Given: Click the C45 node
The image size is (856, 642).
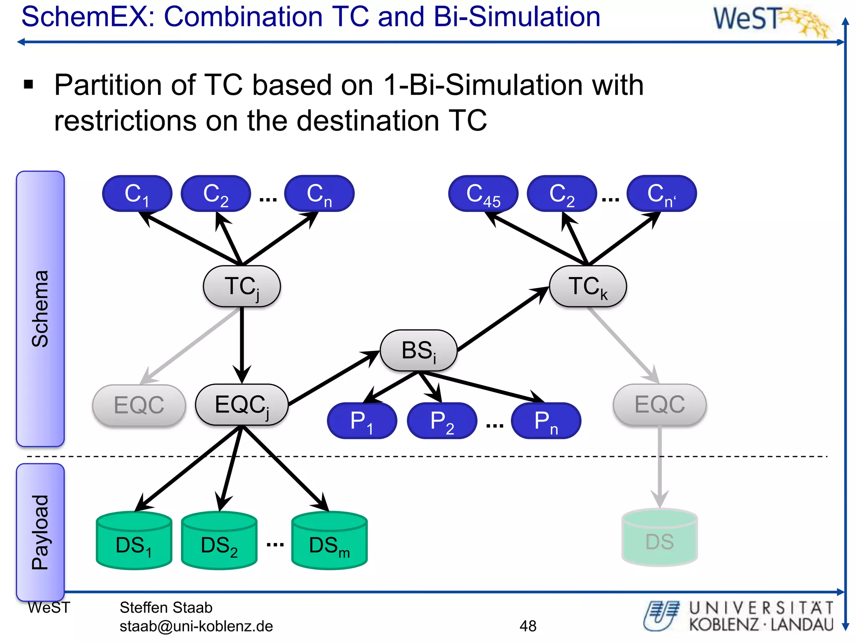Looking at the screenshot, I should click(x=483, y=194).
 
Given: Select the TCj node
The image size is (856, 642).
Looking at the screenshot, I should click(x=242, y=287).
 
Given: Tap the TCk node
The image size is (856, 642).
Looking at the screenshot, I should click(x=588, y=287).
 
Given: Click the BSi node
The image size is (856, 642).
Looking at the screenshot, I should click(x=418, y=351).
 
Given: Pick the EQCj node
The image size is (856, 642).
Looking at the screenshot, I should click(x=242, y=405).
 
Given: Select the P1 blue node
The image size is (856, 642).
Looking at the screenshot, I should click(x=362, y=421).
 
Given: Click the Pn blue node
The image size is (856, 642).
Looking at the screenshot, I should click(x=546, y=421).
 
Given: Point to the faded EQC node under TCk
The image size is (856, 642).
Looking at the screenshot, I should click(x=660, y=405).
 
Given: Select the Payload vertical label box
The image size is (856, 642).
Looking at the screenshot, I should click(x=40, y=532).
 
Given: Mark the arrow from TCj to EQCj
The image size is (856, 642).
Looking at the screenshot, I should click(x=242, y=343).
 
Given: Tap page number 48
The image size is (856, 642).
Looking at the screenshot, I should click(x=528, y=626).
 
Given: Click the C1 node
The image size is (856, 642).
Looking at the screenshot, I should click(x=137, y=194).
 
